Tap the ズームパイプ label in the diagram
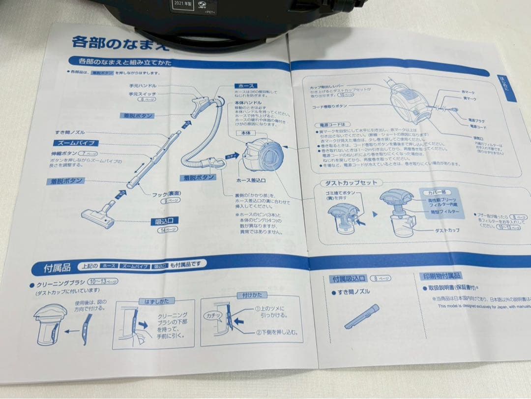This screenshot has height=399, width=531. pos(75,143)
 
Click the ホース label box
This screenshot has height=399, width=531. pos(246,86)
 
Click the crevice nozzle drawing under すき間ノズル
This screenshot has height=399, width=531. pos(362,316)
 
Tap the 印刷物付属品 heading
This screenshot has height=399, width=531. pos(440,276)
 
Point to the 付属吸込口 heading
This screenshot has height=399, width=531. pos(349,279)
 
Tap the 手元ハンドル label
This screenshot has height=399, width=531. pos(143,86)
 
